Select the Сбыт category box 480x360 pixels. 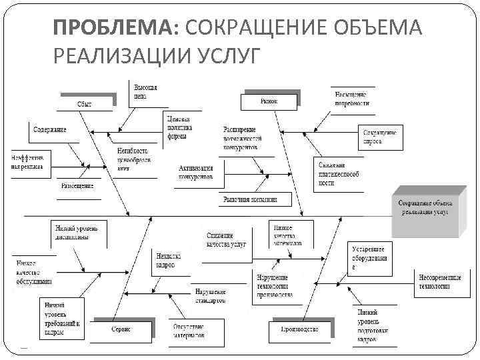(x=86, y=104)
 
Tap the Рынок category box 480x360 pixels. (x=268, y=101)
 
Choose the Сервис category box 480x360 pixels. (x=121, y=329)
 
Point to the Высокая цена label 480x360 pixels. (x=145, y=92)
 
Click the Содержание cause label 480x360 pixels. (x=50, y=129)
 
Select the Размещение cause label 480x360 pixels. (x=77, y=185)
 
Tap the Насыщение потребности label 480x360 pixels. (x=352, y=99)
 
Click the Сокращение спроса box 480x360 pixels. (x=381, y=138)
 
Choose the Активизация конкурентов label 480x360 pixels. (x=197, y=173)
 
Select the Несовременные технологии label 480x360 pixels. (x=440, y=281)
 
